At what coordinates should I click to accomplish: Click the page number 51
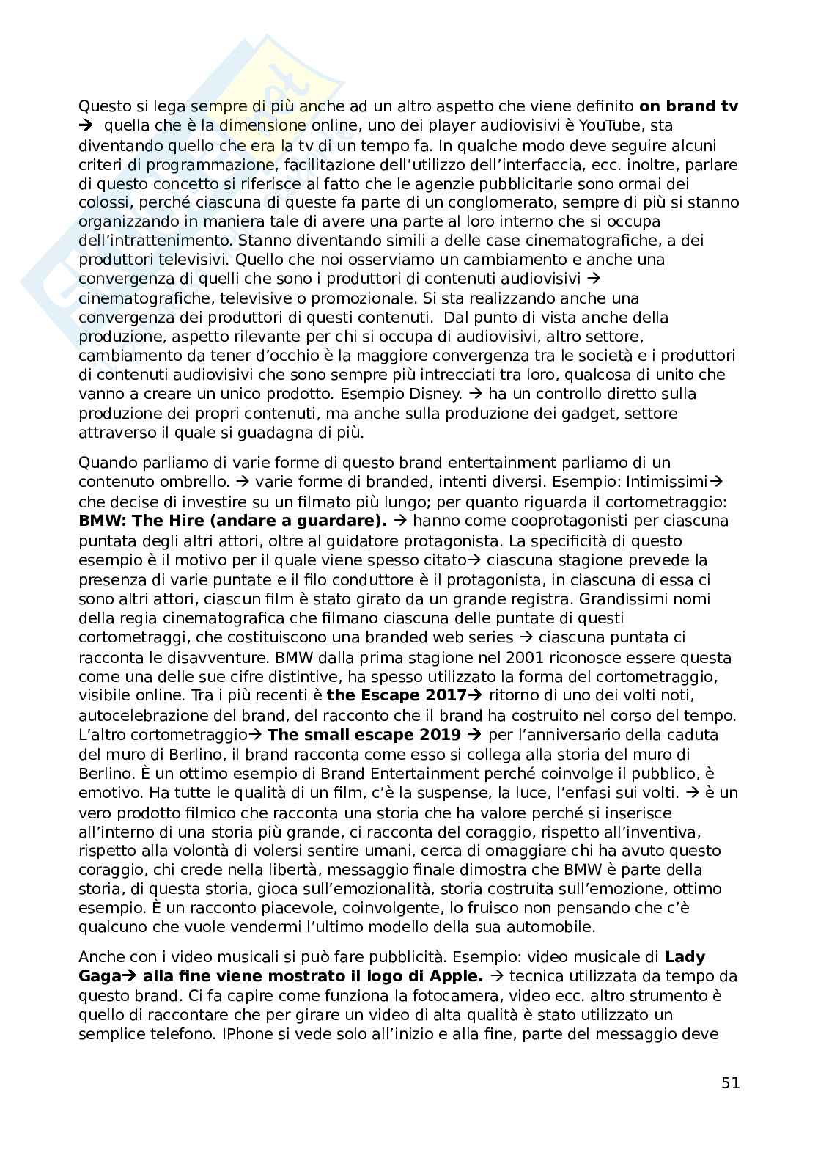coord(730,1082)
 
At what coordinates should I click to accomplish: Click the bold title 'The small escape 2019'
coord(364,735)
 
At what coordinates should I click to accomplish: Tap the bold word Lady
coord(685,957)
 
